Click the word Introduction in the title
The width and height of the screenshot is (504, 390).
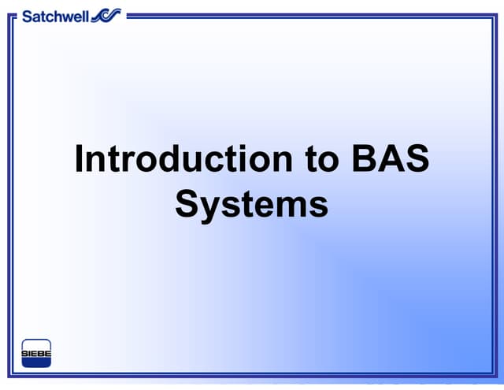pyautogui.click(x=182, y=159)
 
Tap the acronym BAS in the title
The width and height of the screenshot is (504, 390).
pyautogui.click(x=387, y=159)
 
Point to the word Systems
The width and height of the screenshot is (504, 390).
pyautogui.click(x=251, y=204)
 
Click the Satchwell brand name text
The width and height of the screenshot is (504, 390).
pyautogui.click(x=55, y=15)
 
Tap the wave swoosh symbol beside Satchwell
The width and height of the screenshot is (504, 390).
pyautogui.click(x=106, y=15)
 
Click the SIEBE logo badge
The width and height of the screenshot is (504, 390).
pyautogui.click(x=36, y=353)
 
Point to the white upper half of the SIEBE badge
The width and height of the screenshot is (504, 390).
pyautogui.click(x=36, y=345)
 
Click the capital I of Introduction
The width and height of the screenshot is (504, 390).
pyautogui.click(x=80, y=159)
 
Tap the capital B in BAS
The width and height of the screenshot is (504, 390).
pyautogui.click(x=358, y=159)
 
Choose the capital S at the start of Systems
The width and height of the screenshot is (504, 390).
pyautogui.click(x=187, y=204)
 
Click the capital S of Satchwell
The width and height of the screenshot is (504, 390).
pyautogui.click(x=27, y=15)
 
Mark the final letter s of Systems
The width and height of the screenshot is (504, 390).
pyautogui.click(x=319, y=207)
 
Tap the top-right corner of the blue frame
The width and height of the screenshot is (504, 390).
pyautogui.click(x=495, y=14)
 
